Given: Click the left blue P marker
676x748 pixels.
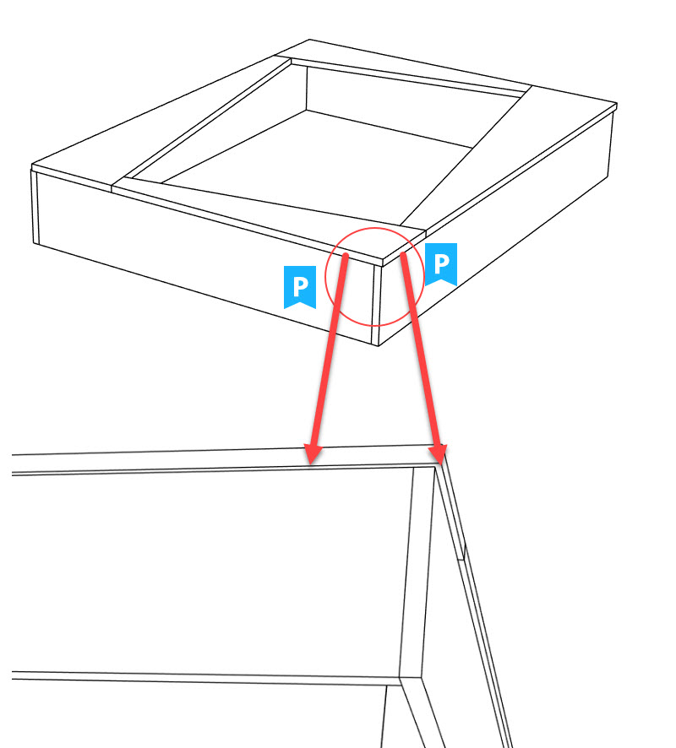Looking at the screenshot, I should (299, 286).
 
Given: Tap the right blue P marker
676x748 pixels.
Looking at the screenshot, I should (440, 263).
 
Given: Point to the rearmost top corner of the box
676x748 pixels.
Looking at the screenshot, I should (310, 40).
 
